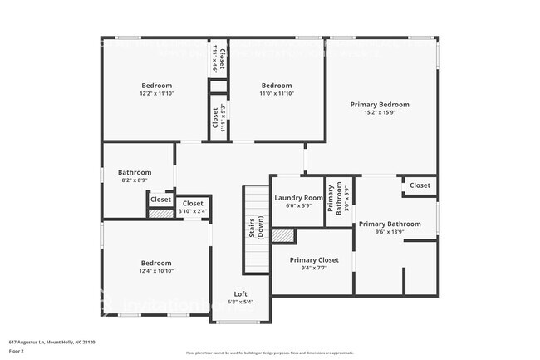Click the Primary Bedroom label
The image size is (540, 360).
coord(380,105)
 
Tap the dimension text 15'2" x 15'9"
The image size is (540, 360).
coord(380,113)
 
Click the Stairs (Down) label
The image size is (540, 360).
coord(257,229)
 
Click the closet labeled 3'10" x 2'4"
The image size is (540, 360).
coord(193,207)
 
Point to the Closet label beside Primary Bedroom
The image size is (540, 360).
coord(420,185)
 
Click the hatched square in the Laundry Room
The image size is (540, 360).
coord(283,236)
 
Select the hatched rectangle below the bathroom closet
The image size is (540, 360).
coord(160,213)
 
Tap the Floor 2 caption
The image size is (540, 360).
coord(17,350)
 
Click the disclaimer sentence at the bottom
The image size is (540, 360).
coord(269,353)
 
